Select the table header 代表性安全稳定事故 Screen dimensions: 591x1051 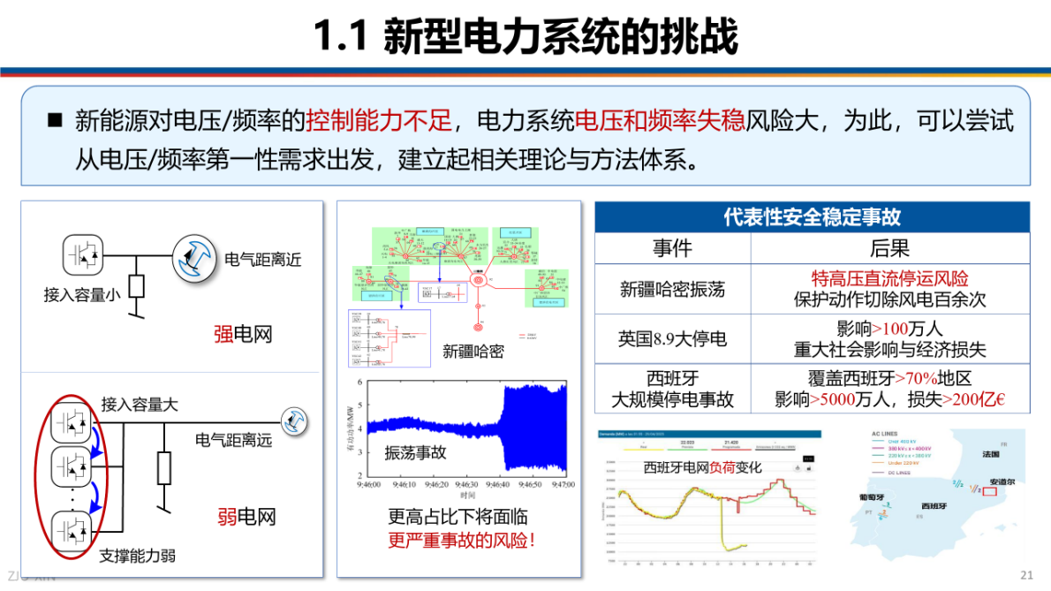pyautogui.click(x=812, y=216)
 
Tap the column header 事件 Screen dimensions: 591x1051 pyautogui.click(x=672, y=248)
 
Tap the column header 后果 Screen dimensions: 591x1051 pyautogui.click(x=889, y=248)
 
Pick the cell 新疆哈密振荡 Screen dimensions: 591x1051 pyautogui.click(x=672, y=289)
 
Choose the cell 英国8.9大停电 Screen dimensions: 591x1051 pyautogui.click(x=672, y=338)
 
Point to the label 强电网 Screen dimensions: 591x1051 pyautogui.click(x=243, y=335)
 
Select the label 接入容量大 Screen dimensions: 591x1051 pyautogui.click(x=140, y=405)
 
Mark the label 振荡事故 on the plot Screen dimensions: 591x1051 pyautogui.click(x=415, y=453)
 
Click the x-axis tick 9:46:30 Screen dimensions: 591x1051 pyautogui.click(x=468, y=485)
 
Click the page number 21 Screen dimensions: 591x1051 pyautogui.click(x=1026, y=575)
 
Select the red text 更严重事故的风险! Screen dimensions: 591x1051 pyautogui.click(x=462, y=541)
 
